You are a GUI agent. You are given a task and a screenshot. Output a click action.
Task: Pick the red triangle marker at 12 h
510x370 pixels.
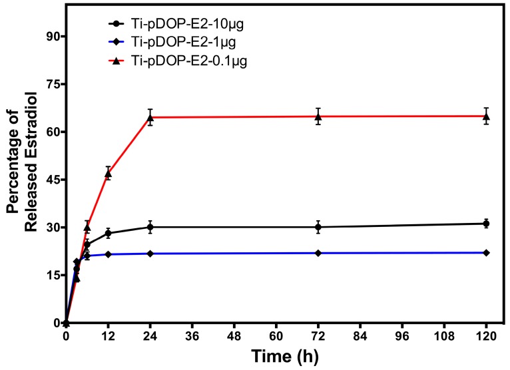(x=108, y=174)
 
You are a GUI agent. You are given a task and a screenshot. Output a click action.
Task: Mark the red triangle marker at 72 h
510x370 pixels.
(x=318, y=116)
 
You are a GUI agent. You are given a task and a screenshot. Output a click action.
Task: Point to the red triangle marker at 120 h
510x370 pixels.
(x=486, y=116)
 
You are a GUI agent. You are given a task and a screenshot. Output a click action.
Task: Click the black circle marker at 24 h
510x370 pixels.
(x=150, y=227)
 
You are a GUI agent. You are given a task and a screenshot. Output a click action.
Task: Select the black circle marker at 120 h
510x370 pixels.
(x=486, y=224)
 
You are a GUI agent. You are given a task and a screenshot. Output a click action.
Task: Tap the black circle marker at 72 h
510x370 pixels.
(x=318, y=227)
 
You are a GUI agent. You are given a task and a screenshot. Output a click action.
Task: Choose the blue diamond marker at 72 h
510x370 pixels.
(x=318, y=253)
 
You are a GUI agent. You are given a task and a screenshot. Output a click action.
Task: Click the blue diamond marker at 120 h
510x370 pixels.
(x=486, y=252)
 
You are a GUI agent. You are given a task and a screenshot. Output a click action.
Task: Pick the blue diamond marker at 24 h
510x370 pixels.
(x=150, y=254)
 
